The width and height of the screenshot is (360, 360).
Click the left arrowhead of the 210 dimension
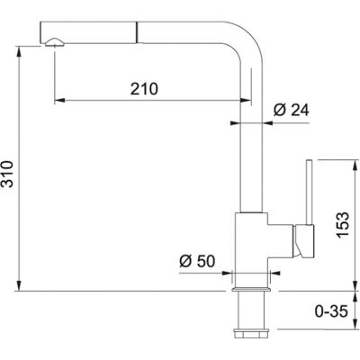click(x=59, y=100)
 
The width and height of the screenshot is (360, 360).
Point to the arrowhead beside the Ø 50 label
click(x=226, y=274)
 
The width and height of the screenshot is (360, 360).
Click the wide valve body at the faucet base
click(x=251, y=238)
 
